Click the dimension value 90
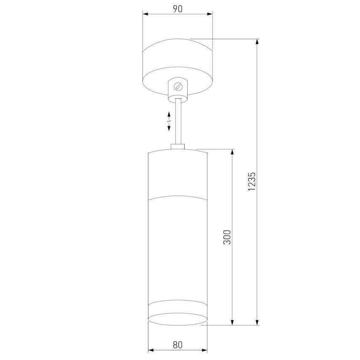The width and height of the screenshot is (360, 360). click(177, 9)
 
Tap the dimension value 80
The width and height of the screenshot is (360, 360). click(177, 345)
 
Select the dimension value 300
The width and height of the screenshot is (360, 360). click(227, 237)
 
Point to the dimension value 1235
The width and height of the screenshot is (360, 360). click(252, 181)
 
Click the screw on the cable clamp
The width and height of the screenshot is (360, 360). click(178, 86)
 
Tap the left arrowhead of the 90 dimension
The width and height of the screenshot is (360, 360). click(145, 14)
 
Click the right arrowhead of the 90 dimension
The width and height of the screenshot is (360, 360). click(210, 14)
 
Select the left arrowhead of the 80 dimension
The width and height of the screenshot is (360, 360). click(151, 350)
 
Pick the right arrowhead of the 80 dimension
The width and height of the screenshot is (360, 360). click(204, 350)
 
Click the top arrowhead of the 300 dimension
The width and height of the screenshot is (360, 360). click(232, 152)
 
